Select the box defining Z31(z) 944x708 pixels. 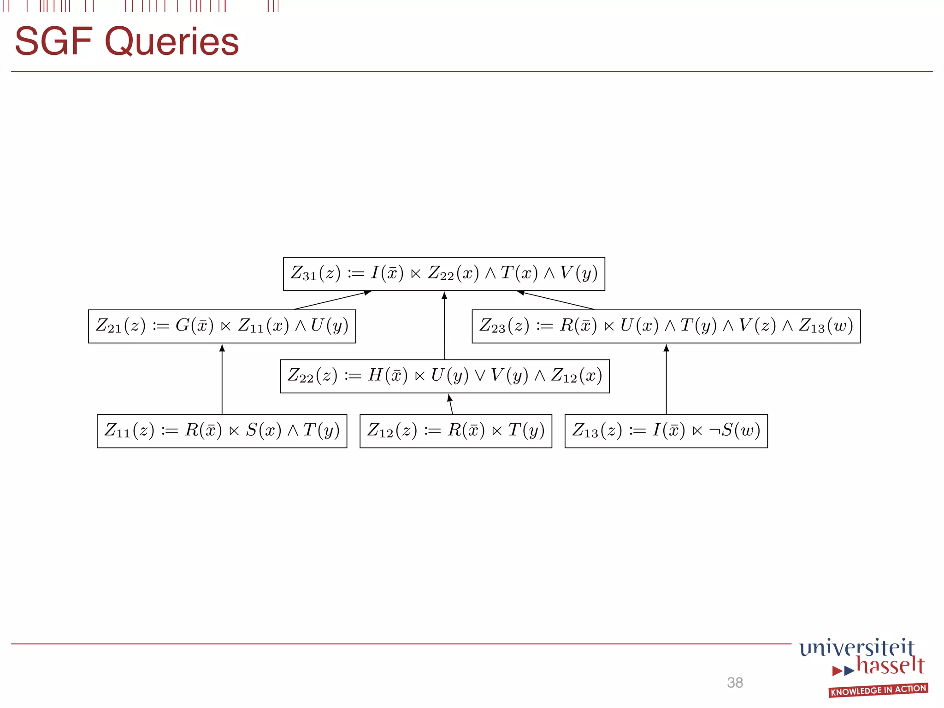(x=444, y=274)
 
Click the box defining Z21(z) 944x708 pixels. (x=222, y=326)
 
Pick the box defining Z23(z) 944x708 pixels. (x=666, y=326)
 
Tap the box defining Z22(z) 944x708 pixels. (x=444, y=376)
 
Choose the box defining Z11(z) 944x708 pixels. (x=222, y=431)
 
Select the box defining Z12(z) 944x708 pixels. (x=455, y=431)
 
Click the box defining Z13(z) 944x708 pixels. (x=666, y=431)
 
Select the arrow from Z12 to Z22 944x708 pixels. (x=451, y=404)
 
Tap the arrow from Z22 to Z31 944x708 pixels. (x=444, y=325)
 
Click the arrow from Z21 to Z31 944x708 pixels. (x=332, y=300)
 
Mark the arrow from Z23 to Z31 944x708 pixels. (x=556, y=300)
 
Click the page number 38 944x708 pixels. (x=735, y=683)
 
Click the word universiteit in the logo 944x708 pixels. (x=856, y=648)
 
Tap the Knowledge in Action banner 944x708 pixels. (x=878, y=690)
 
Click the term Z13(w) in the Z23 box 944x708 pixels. (x=826, y=326)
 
